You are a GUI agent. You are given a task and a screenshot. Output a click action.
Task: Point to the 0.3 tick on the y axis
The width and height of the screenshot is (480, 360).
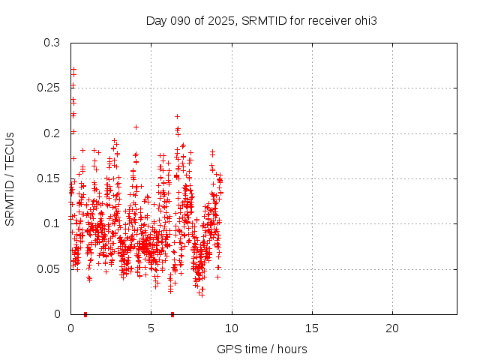click(52, 43)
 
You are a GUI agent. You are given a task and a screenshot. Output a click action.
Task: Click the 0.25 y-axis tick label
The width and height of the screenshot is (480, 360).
click(49, 88)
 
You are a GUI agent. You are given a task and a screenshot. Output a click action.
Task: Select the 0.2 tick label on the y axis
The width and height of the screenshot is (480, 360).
click(52, 133)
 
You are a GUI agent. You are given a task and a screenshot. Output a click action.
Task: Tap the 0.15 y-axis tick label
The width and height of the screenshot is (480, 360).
click(49, 178)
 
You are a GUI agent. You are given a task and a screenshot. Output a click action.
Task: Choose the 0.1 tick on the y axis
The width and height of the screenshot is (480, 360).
click(52, 223)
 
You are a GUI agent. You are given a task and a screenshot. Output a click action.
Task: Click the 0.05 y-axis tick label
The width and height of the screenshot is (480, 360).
click(49, 268)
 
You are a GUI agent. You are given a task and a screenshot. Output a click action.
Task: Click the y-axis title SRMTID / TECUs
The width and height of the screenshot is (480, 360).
click(10, 178)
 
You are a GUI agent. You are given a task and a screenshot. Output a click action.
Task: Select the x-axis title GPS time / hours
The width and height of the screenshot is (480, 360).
click(262, 349)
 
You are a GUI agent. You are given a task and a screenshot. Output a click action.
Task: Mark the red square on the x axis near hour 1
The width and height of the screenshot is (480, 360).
click(85, 314)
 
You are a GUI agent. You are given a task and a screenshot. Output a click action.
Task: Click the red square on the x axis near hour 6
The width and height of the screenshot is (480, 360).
click(172, 314)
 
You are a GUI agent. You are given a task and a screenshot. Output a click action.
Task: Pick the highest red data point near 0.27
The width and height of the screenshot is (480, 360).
click(73, 70)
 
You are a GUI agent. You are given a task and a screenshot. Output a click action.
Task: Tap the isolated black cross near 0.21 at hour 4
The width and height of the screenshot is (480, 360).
click(136, 127)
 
